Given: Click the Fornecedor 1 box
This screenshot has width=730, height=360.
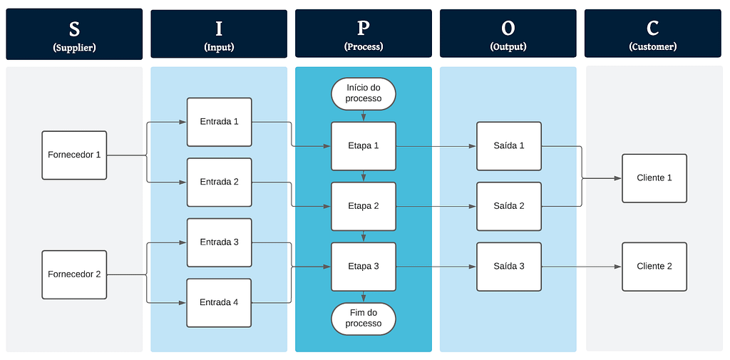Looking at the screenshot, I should coord(74,155).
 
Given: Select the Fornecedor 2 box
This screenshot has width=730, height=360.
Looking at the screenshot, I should coord(74,274).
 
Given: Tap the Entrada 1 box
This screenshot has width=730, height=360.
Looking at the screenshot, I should coord(219,122).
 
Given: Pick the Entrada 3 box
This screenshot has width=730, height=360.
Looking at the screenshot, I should coord(219,242).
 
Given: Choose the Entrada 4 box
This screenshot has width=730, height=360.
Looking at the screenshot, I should coord(219,302).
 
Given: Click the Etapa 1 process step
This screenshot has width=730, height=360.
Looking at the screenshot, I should coord(364,146).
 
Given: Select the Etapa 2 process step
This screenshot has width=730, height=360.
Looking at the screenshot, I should coord(364,206).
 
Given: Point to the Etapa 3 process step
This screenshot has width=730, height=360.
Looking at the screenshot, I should coord(364,267).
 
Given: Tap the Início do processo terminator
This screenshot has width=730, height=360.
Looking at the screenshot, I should coord(364,93).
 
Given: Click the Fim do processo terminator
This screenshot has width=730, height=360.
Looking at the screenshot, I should coord(364,319).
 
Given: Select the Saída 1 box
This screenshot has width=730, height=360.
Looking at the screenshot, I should coord(509,146).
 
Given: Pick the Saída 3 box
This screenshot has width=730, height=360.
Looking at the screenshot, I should coord(509,267).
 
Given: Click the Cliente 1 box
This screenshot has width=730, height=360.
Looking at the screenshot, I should coord(654,178).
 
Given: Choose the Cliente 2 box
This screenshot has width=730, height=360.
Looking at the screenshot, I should coord(654,267).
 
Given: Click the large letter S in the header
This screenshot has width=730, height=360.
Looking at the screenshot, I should coord(74,29).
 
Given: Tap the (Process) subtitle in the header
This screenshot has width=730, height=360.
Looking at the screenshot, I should coord(364,47).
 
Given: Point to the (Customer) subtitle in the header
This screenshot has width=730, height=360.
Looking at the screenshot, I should coord(653,47).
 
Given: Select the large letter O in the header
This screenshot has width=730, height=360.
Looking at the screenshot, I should coord(508,29).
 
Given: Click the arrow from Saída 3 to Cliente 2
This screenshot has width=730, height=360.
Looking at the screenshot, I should coord(582,267).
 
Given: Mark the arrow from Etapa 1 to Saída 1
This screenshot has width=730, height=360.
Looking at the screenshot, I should coord(436,146).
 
